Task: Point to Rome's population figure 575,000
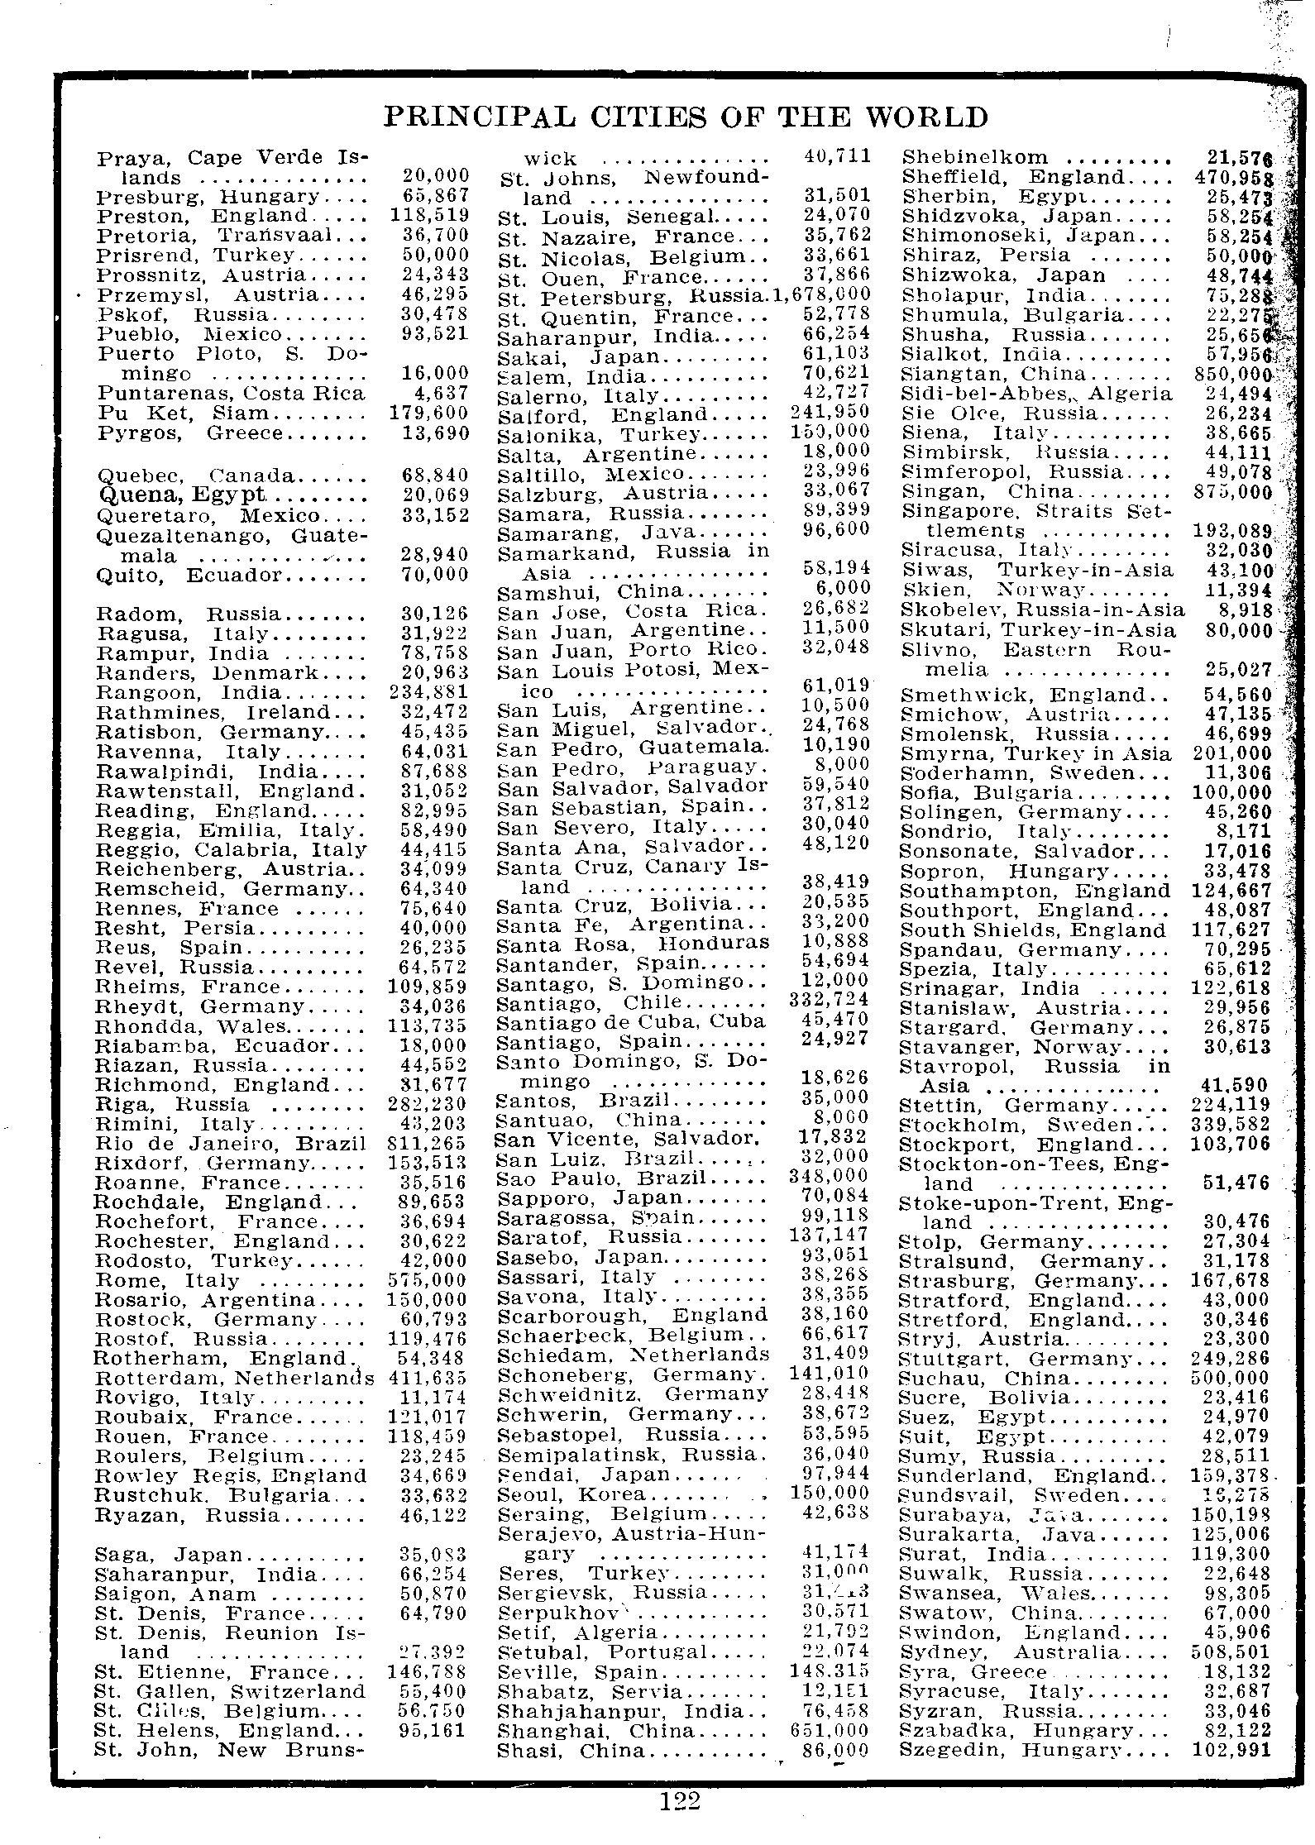[x=427, y=1279]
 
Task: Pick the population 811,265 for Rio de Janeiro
[x=427, y=1144]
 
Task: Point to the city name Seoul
[x=526, y=1494]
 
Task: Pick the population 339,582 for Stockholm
[x=1230, y=1125]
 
